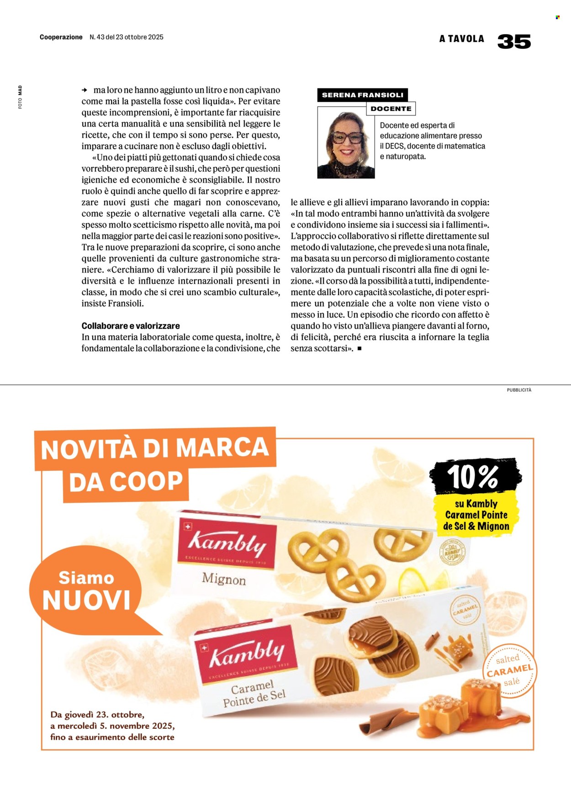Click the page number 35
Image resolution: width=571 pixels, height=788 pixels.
point(514,42)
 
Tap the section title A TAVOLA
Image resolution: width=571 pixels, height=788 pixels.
point(461,39)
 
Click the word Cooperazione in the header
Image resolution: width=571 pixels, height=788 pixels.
point(61,37)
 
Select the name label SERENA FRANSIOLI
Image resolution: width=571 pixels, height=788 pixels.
point(362,95)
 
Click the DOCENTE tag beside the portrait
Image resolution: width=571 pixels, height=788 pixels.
point(391,109)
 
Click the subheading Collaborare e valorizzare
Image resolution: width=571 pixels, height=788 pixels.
point(131,326)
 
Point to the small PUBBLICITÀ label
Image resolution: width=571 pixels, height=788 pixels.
point(519,390)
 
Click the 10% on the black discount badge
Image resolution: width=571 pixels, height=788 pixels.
point(473,477)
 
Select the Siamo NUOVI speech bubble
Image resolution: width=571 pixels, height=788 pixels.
point(87,590)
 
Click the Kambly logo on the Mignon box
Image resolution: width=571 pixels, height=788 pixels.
point(227,543)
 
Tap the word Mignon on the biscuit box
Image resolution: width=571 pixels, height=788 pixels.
point(224,579)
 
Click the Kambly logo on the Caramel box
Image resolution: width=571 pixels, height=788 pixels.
point(247,653)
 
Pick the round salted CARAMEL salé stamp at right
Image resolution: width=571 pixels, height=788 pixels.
point(509,671)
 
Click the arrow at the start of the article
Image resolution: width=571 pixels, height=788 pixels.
point(85,90)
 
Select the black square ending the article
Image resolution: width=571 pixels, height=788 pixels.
point(360,349)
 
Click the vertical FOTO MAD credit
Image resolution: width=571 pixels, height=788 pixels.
point(20,97)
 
